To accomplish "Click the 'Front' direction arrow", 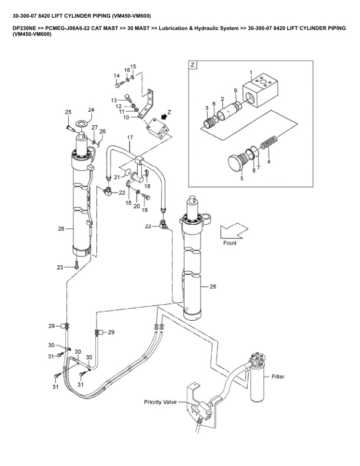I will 234,231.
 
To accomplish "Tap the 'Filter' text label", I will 279,376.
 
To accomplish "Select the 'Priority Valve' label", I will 161,402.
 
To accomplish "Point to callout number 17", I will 130,137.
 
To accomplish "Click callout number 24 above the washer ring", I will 91,110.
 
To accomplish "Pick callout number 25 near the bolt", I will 68,112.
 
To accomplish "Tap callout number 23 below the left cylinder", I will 60,267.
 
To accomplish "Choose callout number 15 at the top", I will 132,66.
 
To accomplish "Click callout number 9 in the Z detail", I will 235,91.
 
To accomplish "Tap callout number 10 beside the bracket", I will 125,118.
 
